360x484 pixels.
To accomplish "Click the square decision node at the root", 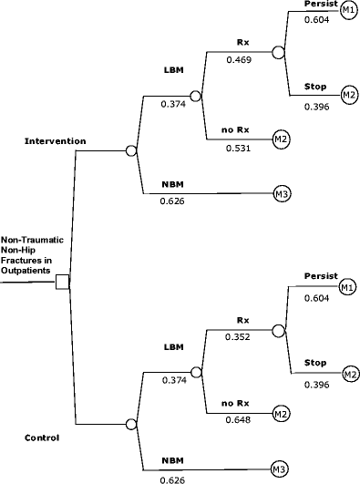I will point(62,282).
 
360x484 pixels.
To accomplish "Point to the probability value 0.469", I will point(242,61).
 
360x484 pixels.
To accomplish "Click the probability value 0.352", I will point(242,335).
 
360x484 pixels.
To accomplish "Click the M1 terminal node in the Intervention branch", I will point(346,8).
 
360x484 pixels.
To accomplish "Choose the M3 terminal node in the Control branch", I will point(282,469).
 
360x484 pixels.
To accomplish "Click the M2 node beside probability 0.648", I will point(282,414).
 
